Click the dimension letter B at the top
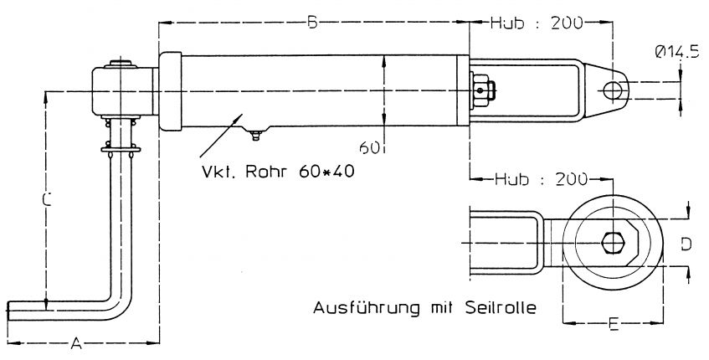(x=311, y=23)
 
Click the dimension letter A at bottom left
(x=76, y=342)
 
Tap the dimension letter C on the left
(x=48, y=200)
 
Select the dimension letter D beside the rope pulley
(x=684, y=244)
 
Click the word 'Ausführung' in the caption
(x=358, y=307)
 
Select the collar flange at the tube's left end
(x=169, y=90)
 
